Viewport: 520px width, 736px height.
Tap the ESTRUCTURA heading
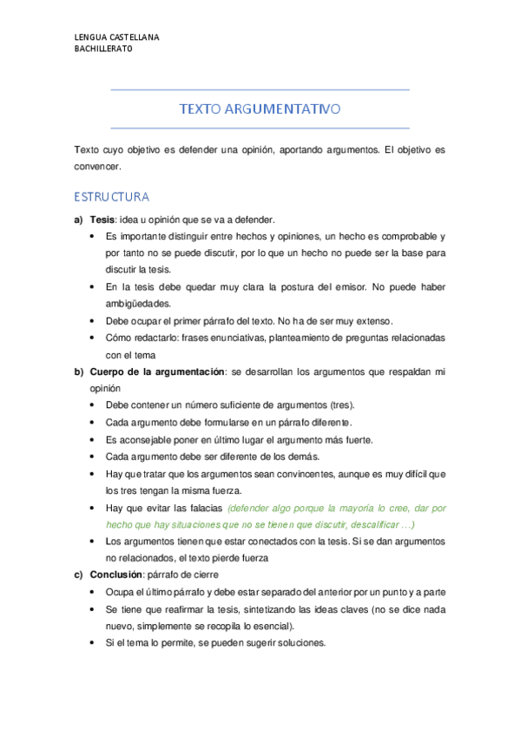click(x=111, y=196)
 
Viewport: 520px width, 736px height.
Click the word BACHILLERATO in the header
click(x=103, y=49)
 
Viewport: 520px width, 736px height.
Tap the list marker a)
click(x=79, y=220)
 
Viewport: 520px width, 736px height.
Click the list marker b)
click(x=79, y=371)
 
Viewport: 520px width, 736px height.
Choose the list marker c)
click(x=79, y=575)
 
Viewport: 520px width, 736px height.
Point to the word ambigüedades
click(x=139, y=304)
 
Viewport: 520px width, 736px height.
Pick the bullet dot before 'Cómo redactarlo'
click(x=93, y=338)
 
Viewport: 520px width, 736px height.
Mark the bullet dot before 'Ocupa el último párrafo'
click(x=93, y=592)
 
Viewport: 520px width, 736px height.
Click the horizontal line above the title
click(x=260, y=89)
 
